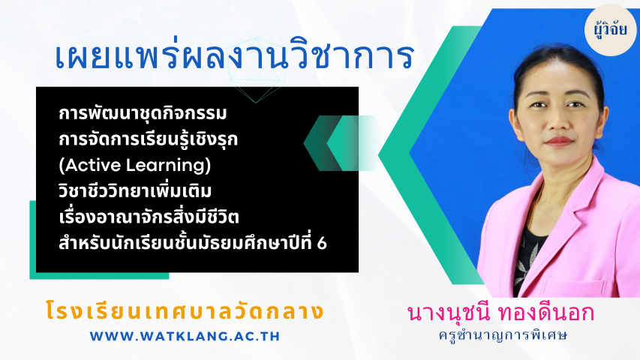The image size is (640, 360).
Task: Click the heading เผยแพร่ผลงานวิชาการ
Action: point(234,56)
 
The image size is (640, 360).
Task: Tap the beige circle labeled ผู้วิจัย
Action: point(610,30)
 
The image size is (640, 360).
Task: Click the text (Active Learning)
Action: point(135,165)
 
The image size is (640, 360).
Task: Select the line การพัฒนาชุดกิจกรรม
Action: point(143,113)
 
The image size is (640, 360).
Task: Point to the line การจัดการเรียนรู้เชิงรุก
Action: point(148,139)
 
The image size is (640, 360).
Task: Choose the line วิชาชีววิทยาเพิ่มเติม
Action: point(135,190)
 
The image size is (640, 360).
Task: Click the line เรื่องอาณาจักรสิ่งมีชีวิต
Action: point(149,216)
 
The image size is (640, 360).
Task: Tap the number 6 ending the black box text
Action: point(322,243)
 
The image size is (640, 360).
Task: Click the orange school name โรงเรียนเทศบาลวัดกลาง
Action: point(185,311)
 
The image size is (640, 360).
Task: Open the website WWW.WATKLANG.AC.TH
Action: point(185,336)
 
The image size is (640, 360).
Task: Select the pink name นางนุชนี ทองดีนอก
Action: point(500,313)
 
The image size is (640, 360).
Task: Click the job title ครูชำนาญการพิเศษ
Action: point(503,335)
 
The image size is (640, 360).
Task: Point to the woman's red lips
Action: point(558,141)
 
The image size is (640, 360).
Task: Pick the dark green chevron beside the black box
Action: point(322,142)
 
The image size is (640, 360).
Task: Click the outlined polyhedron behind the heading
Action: point(256,70)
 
